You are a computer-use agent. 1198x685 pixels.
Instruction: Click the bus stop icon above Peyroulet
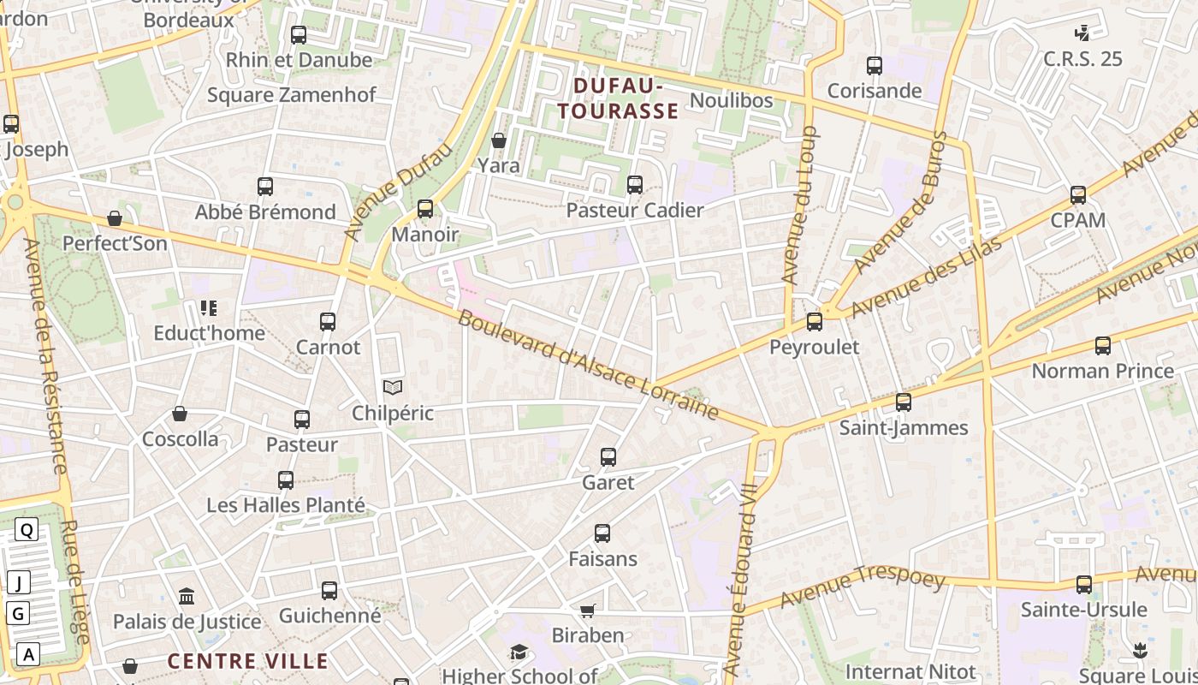pyautogui.click(x=815, y=322)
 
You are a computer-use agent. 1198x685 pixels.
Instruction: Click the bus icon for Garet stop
pyautogui.click(x=608, y=457)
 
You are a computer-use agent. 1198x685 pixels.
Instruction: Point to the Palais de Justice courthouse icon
pyautogui.click(x=187, y=596)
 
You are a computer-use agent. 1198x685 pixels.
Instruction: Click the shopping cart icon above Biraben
pyautogui.click(x=587, y=611)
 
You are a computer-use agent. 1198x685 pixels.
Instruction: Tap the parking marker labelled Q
pyautogui.click(x=27, y=530)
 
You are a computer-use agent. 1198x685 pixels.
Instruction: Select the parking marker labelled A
pyautogui.click(x=29, y=654)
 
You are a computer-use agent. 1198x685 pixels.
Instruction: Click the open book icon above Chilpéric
pyautogui.click(x=393, y=388)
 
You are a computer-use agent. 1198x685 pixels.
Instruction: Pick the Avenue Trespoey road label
pyautogui.click(x=863, y=587)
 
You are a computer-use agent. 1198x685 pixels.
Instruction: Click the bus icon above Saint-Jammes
pyautogui.click(x=904, y=402)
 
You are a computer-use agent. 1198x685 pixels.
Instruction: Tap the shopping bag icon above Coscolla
pyautogui.click(x=180, y=414)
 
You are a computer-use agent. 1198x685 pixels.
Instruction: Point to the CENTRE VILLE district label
pyautogui.click(x=247, y=661)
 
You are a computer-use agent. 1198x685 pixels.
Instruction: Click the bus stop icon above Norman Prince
pyautogui.click(x=1103, y=346)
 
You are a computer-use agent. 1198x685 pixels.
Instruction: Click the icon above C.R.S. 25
pyautogui.click(x=1082, y=33)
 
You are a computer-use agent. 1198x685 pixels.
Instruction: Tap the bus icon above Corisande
pyautogui.click(x=875, y=66)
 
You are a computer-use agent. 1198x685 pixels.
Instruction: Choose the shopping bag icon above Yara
pyautogui.click(x=499, y=140)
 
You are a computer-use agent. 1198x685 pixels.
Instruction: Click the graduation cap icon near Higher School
pyautogui.click(x=519, y=652)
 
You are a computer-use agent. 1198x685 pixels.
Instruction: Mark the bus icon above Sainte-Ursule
pyautogui.click(x=1084, y=585)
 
